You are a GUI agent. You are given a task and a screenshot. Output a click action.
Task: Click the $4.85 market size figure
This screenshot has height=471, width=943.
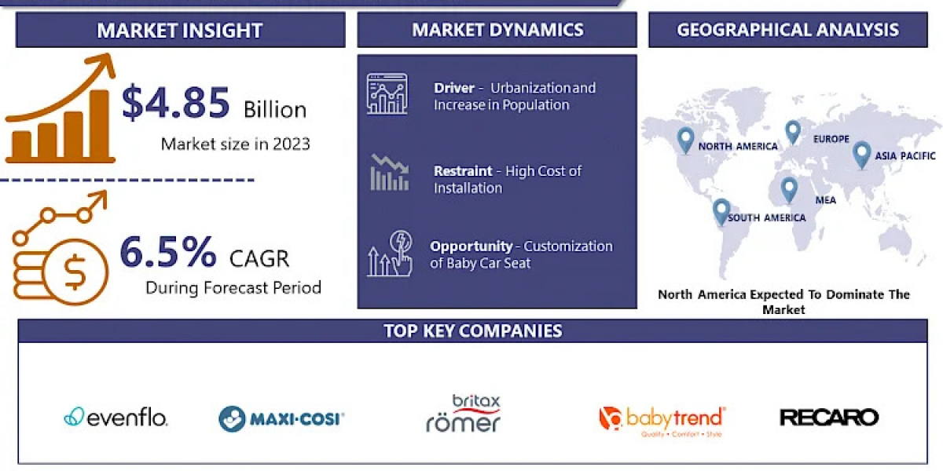point(175,102)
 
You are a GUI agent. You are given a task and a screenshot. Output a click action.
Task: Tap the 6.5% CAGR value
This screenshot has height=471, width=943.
point(168,251)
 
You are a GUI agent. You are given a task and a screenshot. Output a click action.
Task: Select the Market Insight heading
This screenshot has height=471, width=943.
point(180,31)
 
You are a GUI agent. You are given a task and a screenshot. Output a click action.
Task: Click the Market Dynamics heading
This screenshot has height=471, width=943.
point(497,30)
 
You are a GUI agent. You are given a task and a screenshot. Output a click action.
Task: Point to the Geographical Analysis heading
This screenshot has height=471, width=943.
point(787,30)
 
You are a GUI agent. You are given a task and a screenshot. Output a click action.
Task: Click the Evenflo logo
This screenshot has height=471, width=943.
point(116,418)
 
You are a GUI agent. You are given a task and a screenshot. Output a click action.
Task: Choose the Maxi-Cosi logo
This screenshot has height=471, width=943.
point(281,419)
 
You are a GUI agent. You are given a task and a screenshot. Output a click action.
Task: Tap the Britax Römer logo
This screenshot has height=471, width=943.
point(464,413)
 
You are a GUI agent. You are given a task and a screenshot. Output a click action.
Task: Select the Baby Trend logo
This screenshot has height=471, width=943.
point(662,421)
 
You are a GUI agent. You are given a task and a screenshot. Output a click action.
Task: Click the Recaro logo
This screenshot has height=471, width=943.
point(829,418)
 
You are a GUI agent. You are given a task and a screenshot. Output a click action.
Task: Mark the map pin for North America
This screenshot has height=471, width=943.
point(685,141)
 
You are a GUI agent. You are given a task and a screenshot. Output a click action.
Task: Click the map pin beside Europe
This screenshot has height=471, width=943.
point(793,133)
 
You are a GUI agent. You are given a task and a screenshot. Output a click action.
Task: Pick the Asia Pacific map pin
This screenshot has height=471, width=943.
point(861,155)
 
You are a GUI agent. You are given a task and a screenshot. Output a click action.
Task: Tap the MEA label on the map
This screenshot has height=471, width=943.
point(826,200)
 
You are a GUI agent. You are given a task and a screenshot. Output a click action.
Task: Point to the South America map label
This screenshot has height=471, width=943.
point(767,218)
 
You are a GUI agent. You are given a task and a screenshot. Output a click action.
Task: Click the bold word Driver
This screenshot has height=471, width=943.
point(454,88)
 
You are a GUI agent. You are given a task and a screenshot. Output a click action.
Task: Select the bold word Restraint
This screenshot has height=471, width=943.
point(463,171)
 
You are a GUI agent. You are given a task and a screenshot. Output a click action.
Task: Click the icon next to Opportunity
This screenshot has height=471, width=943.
point(390,254)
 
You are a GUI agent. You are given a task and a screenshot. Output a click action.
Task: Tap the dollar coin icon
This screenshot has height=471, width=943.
point(75,272)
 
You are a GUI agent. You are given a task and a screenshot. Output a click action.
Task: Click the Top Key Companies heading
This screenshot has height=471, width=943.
point(473,331)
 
